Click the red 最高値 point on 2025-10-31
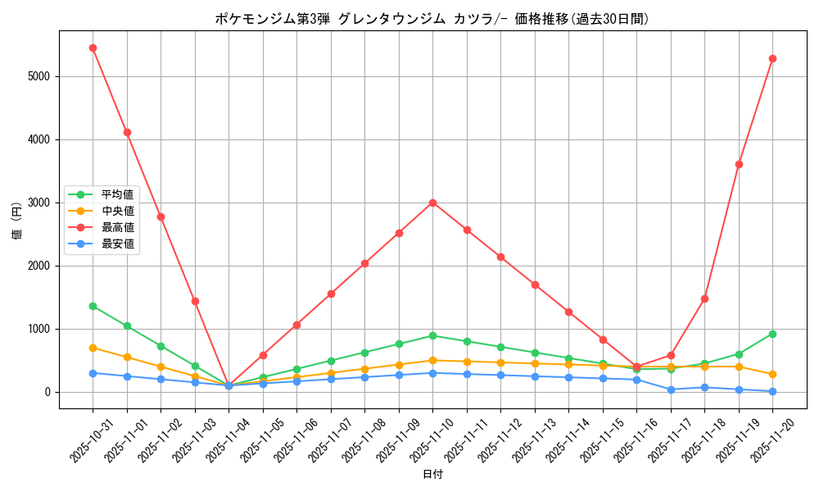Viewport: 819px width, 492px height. (x=93, y=48)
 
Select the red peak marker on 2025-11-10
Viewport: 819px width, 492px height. (x=432, y=203)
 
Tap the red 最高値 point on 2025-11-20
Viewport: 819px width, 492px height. (x=772, y=58)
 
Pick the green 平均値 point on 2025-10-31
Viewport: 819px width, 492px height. (x=93, y=306)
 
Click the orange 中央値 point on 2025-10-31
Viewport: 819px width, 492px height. (x=93, y=348)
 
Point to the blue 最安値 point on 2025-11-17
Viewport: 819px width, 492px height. (x=671, y=389)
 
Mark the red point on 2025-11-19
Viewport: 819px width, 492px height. (x=739, y=164)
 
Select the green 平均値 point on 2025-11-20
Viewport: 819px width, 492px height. (x=772, y=334)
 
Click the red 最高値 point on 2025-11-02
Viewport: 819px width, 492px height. (x=161, y=216)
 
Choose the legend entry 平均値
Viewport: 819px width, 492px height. (x=117, y=194)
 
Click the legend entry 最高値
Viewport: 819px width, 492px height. (x=117, y=227)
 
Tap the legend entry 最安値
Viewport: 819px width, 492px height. (x=117, y=244)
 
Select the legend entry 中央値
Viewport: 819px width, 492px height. (x=117, y=211)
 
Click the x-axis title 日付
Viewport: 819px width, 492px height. (x=432, y=475)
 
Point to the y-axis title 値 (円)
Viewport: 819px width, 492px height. (x=16, y=221)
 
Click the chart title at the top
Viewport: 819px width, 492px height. (x=432, y=19)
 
